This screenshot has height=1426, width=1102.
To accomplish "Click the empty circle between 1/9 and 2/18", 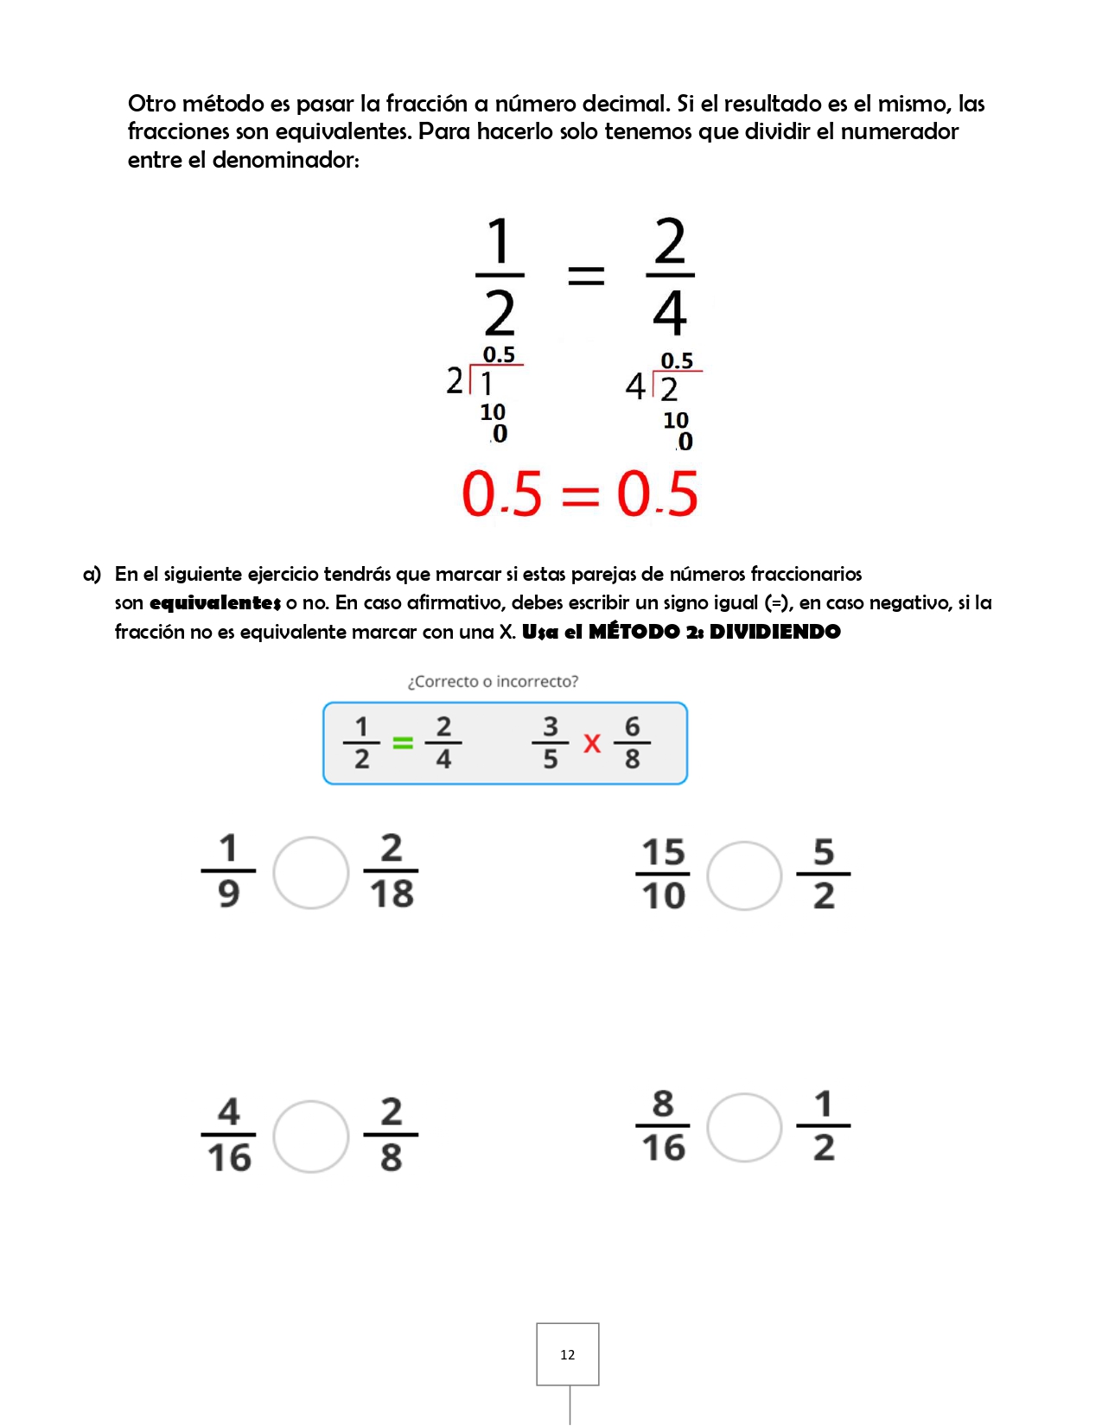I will [x=310, y=872].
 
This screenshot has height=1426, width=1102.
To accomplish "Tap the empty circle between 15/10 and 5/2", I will [x=744, y=875].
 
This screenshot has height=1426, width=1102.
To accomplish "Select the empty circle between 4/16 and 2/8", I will [x=310, y=1136].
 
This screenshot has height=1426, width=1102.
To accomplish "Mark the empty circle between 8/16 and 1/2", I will [x=744, y=1127].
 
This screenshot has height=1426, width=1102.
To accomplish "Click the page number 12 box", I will [x=567, y=1354].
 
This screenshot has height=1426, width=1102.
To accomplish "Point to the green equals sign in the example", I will [x=403, y=742].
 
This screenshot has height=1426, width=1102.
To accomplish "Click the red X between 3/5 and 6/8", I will [x=592, y=743].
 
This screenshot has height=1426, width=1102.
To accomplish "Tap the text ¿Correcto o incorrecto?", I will [x=493, y=681].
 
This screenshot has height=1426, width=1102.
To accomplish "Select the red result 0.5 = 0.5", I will [x=579, y=494].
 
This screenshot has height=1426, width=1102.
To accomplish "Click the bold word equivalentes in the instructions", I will [x=215, y=602].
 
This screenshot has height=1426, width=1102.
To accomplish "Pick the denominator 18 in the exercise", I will [x=392, y=894].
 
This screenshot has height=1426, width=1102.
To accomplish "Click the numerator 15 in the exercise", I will [x=663, y=852].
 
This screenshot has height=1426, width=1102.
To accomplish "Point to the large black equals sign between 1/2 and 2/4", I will [x=586, y=276].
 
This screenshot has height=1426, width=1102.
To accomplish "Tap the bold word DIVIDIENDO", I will [x=774, y=632].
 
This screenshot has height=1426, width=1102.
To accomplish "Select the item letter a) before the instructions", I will [x=92, y=574].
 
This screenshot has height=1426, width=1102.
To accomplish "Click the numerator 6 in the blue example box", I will [x=633, y=727].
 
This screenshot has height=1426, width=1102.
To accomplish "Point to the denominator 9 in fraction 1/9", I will [x=228, y=894].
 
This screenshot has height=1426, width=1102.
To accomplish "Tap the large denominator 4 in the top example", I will [x=669, y=313].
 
